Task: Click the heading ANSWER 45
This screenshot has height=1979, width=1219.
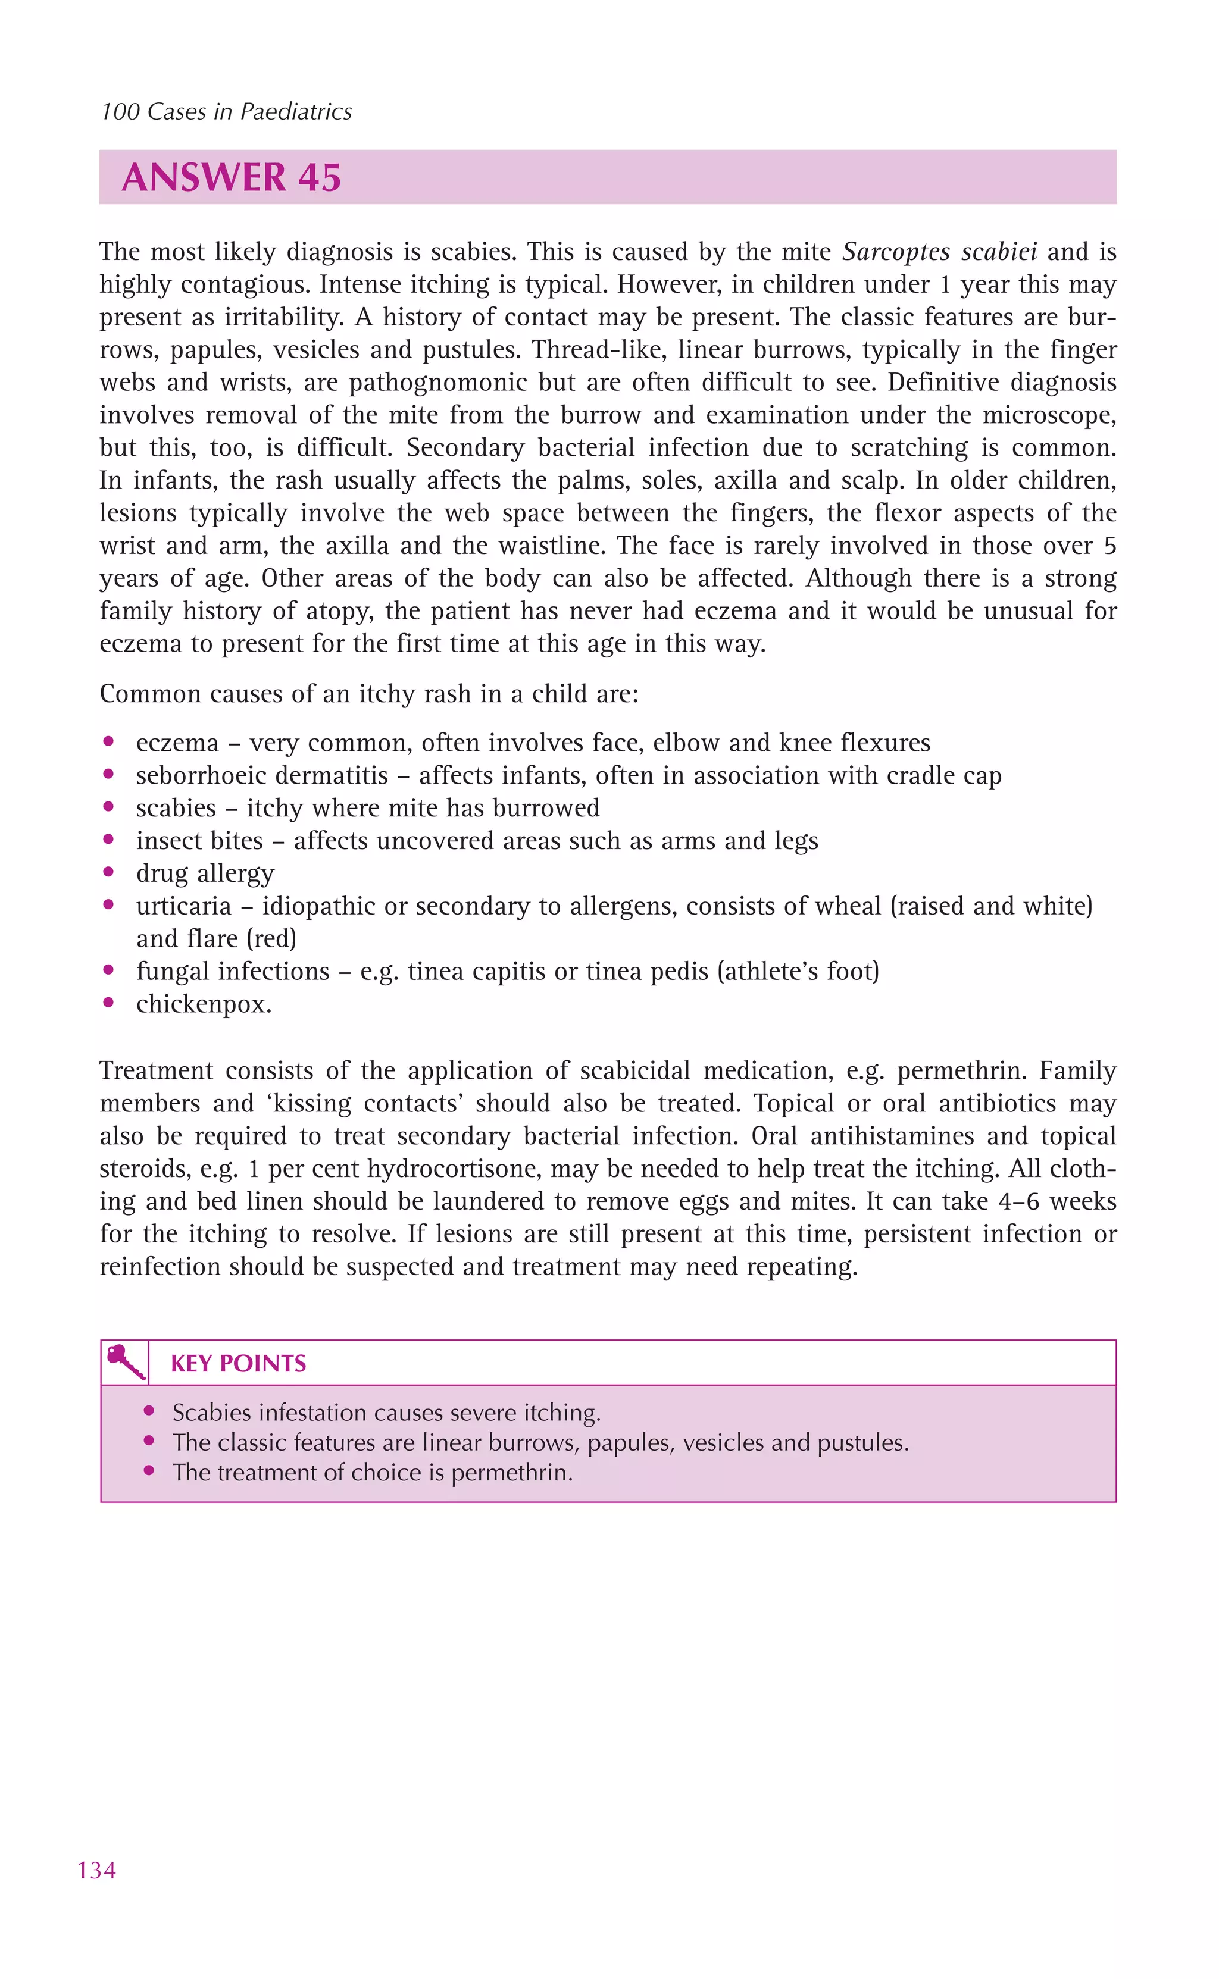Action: pyautogui.click(x=232, y=177)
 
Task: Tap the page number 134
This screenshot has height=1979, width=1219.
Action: pyautogui.click(x=97, y=1870)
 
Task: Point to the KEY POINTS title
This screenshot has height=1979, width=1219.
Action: pyautogui.click(x=238, y=1363)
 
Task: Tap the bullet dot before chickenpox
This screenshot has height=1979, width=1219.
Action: pyautogui.click(x=109, y=1003)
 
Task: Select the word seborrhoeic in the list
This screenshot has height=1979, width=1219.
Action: pyautogui.click(x=193, y=775)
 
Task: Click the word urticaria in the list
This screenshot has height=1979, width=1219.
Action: pyautogui.click(x=183, y=906)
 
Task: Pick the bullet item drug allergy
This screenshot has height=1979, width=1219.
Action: pyautogui.click(x=205, y=873)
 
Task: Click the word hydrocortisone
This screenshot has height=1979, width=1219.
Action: pyautogui.click(x=477, y=1169)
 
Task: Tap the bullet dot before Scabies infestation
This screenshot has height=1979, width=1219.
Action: pyautogui.click(x=148, y=1411)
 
